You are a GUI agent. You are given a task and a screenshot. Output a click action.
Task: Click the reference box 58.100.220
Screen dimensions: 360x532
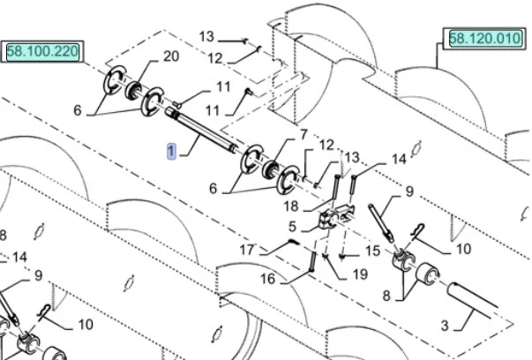42,52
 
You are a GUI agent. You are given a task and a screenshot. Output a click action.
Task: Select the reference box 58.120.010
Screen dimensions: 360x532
484,39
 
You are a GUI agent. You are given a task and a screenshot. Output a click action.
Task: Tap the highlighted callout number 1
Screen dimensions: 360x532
171,150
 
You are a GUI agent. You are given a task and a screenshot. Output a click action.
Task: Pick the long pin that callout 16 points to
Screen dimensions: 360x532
312,262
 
